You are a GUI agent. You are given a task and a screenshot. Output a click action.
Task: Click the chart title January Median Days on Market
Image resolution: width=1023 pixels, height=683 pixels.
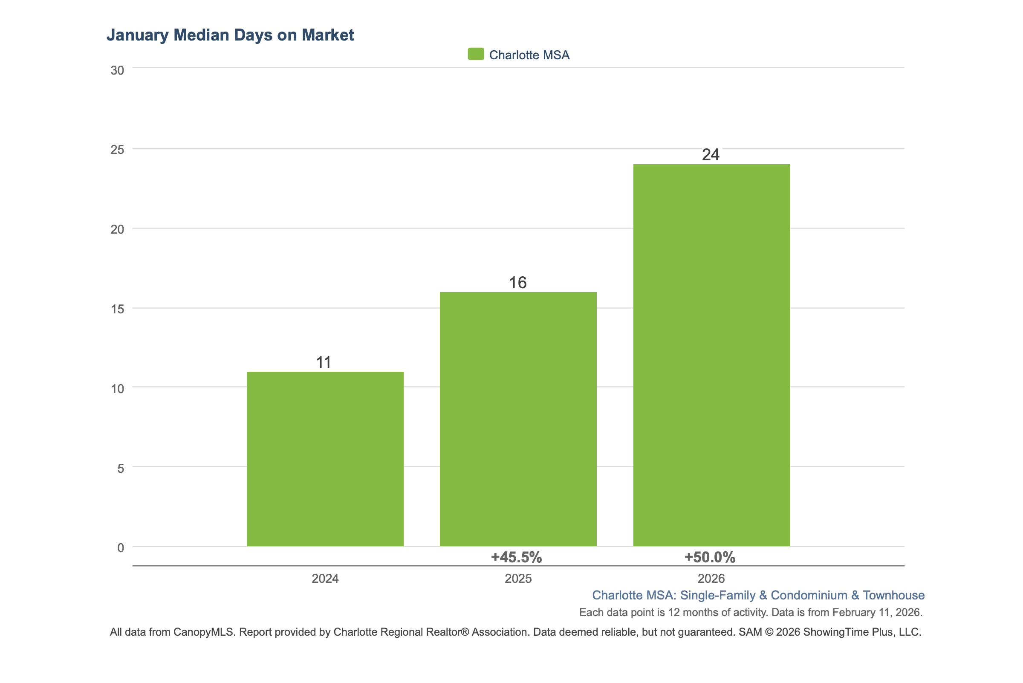coord(230,35)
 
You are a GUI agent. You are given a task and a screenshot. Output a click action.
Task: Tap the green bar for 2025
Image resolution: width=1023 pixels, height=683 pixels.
coord(518,419)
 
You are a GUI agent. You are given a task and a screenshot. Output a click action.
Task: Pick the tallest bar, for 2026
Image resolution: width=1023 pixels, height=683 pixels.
coord(711,355)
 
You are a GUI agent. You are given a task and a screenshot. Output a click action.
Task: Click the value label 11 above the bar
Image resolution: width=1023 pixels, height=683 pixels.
coord(324,362)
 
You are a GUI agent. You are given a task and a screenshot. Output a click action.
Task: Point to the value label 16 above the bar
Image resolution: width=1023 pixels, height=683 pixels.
coord(518,283)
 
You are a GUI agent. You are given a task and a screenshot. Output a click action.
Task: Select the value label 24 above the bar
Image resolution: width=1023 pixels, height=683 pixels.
coord(710,155)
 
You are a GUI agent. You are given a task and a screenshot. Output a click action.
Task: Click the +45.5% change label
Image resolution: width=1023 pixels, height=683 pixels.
coord(516,557)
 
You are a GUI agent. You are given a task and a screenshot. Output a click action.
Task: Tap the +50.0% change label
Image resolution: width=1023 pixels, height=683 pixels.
coord(709,557)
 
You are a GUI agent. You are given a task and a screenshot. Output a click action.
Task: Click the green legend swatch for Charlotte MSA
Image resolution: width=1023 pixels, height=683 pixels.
coord(476,54)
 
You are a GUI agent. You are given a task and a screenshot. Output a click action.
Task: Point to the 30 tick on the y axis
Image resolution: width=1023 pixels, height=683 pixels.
coord(117,70)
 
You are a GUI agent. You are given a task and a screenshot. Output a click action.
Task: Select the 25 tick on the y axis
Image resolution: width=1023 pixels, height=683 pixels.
coord(117,150)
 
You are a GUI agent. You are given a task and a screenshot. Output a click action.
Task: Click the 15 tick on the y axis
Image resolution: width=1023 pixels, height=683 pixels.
coord(117,309)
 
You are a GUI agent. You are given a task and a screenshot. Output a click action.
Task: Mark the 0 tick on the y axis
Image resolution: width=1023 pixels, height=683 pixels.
coord(121,547)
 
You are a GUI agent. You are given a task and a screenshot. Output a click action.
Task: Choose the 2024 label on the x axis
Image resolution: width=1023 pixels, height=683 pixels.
coord(325,579)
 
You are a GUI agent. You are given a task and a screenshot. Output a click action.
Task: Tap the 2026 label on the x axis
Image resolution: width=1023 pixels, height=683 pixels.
coord(711,579)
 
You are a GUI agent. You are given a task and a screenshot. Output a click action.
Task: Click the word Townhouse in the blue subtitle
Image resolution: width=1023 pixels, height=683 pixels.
coord(894,595)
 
